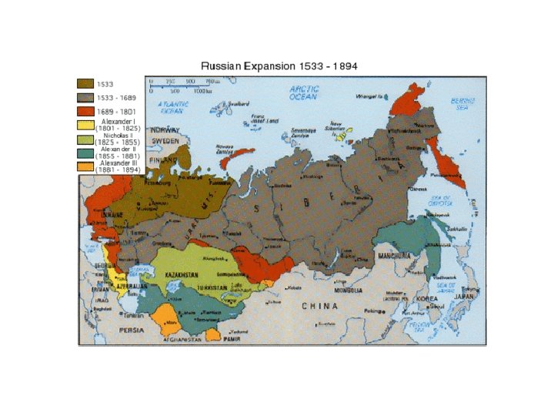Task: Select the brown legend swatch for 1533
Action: click(x=85, y=82)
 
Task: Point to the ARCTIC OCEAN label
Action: click(x=305, y=93)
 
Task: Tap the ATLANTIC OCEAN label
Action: click(x=173, y=107)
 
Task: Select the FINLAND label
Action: click(x=163, y=160)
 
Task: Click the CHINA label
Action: click(x=320, y=306)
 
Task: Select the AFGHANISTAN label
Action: click(x=182, y=338)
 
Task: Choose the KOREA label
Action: click(x=427, y=298)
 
